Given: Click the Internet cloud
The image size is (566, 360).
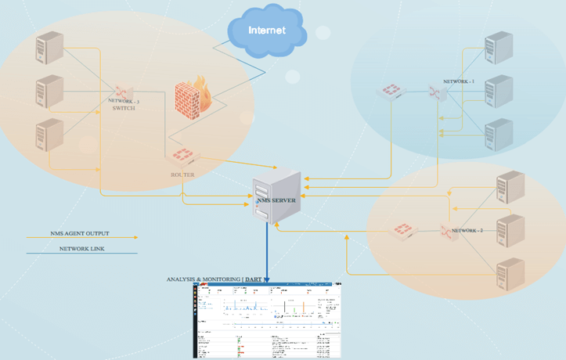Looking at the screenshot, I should pos(267,31).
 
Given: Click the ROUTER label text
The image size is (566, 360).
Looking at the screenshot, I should pos(182,175).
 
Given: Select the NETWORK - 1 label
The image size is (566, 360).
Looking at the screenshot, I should pos(459,81).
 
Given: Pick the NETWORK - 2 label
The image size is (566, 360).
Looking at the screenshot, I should pos(467,231).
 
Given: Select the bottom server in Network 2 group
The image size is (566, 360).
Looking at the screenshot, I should pos(509,274).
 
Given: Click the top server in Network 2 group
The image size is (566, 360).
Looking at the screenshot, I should pos(509,188).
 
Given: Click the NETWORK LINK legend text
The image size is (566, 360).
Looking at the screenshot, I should pos(81,248).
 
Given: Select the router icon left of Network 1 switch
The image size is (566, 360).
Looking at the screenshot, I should pos(389,92).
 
